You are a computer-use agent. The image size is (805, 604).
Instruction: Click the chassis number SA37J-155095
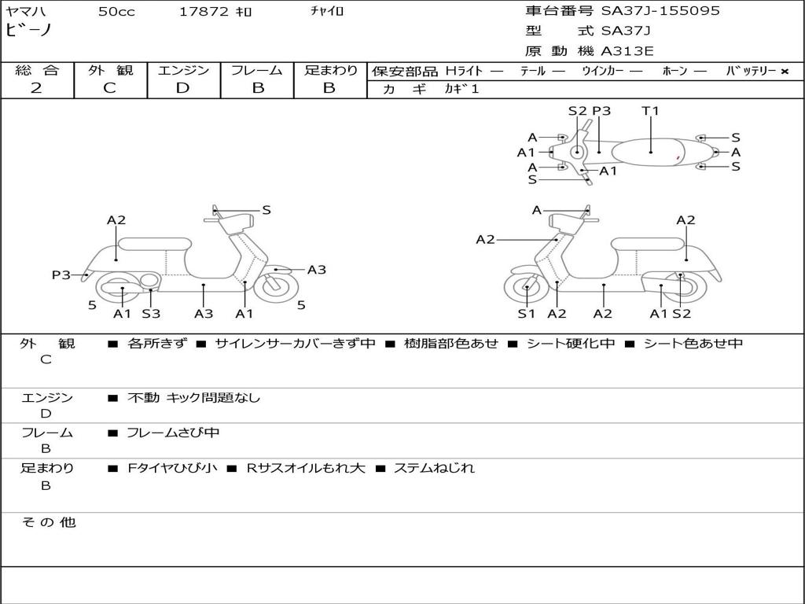pos(660,11)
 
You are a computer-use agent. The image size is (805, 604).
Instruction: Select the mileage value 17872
pos(204,12)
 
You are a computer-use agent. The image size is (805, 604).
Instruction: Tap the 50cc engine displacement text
pos(115,12)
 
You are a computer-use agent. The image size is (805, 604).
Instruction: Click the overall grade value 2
pos(36,88)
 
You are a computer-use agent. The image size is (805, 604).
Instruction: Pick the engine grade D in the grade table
pos(183,88)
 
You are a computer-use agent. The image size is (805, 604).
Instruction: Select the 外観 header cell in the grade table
pos(110,70)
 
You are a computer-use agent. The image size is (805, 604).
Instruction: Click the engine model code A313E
pos(627,52)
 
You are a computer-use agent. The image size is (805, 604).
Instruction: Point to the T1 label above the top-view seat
pos(650,111)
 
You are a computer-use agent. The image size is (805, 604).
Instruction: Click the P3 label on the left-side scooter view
pos(61,274)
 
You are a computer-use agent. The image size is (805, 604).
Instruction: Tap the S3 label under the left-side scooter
pos(151,314)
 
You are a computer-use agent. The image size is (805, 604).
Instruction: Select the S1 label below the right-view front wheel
pos(526,314)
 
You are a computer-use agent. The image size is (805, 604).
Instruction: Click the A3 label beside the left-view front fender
pos(316,270)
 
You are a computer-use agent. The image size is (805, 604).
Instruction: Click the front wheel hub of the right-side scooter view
pos(526,288)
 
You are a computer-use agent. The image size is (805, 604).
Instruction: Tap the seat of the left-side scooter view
pos(154,244)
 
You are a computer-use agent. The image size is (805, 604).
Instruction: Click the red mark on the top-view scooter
pos(678,159)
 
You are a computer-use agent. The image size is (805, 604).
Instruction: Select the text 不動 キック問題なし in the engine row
pos(193,398)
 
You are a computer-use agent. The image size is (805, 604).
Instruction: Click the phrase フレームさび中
pos(173,433)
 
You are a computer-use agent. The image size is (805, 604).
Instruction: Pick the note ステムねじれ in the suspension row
pos(434,468)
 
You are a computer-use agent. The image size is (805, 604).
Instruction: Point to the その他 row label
pos(48,522)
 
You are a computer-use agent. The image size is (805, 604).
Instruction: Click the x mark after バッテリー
pos(784,71)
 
